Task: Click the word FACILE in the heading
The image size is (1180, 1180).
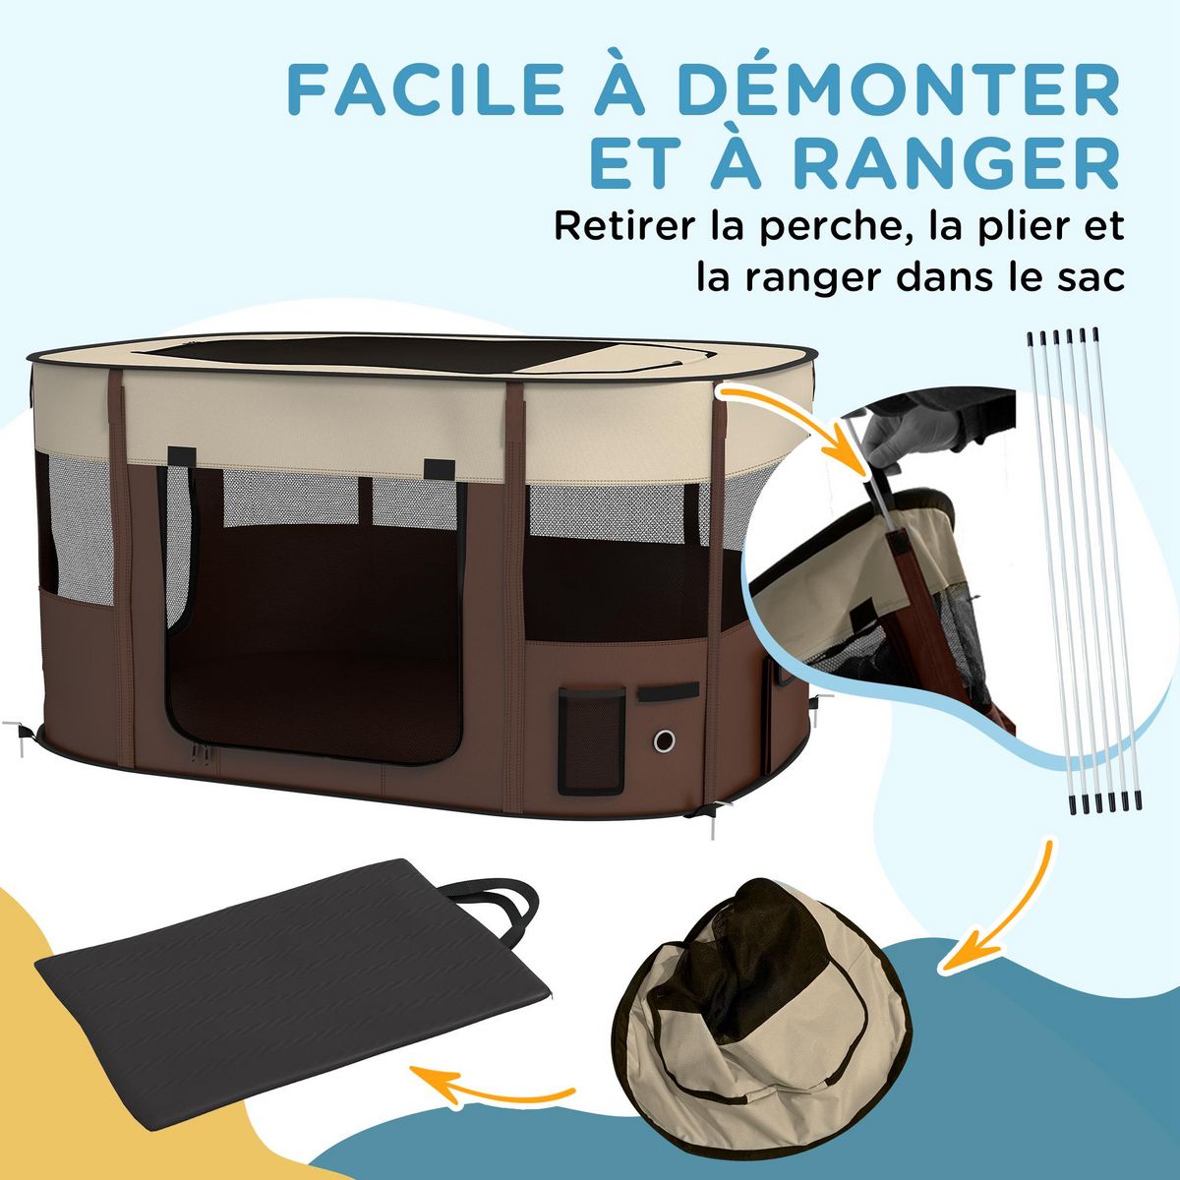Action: tap(417, 90)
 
